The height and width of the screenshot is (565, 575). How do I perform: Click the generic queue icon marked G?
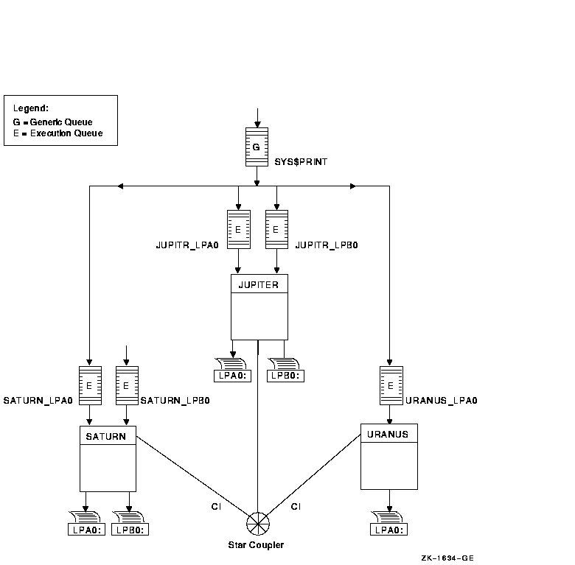(256, 147)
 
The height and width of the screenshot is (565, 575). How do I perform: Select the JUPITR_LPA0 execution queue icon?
(238, 229)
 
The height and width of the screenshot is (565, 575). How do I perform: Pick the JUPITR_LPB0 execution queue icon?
(276, 229)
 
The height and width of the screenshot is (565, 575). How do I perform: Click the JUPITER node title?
(259, 284)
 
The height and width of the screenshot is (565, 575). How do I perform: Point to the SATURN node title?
(107, 436)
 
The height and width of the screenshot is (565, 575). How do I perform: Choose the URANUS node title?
(388, 434)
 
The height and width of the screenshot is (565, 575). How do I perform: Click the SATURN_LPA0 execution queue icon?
(89, 385)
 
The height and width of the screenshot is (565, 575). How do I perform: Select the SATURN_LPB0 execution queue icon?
(127, 385)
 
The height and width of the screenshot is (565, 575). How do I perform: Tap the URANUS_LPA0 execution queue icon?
(391, 385)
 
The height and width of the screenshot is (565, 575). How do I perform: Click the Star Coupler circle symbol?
(257, 525)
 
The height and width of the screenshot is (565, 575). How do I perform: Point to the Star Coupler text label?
(257, 545)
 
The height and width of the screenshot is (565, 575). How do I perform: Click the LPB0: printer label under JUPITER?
(285, 376)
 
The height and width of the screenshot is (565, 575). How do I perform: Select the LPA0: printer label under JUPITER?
(232, 376)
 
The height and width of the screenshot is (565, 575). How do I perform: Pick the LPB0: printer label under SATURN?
(130, 530)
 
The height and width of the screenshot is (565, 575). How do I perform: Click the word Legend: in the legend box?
(31, 108)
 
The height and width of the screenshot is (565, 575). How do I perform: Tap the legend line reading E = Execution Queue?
(57, 133)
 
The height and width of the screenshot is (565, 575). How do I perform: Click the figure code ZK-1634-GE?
(447, 558)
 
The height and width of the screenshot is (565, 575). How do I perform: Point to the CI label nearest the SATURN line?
(216, 507)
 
